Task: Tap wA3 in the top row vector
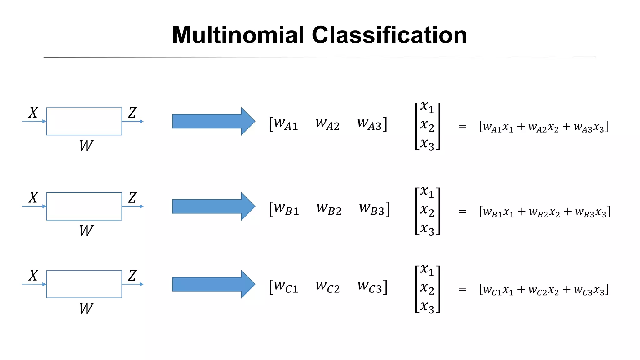click(370, 124)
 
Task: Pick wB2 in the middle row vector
click(329, 209)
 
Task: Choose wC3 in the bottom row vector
click(370, 287)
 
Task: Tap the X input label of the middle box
click(33, 197)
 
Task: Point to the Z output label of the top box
click(132, 112)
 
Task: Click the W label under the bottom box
click(86, 309)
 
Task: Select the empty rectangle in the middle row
click(84, 206)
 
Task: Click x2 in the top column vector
click(427, 126)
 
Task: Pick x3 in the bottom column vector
click(427, 307)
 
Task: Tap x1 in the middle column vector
click(427, 192)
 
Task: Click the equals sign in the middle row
click(462, 212)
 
